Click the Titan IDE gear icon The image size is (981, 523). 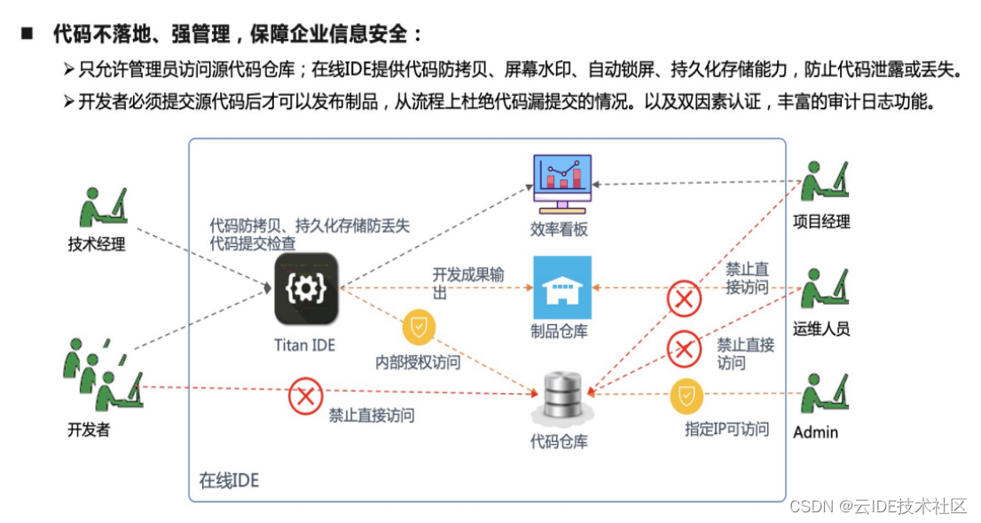(306, 288)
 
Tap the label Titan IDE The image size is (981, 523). (305, 345)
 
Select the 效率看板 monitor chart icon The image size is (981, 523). (561, 183)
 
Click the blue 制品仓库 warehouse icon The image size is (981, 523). (561, 287)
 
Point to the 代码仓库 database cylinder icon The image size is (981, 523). (561, 397)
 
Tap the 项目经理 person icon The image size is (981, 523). (824, 183)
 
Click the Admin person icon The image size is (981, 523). (824, 394)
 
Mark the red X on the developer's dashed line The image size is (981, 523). (305, 397)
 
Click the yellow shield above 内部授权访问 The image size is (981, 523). (419, 328)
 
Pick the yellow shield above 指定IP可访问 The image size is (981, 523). (686, 397)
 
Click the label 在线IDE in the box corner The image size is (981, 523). (229, 480)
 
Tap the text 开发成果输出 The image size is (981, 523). (467, 282)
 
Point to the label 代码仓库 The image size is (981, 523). (559, 440)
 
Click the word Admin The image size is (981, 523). (815, 432)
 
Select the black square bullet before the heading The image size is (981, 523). (26, 34)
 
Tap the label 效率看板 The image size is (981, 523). (559, 229)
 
